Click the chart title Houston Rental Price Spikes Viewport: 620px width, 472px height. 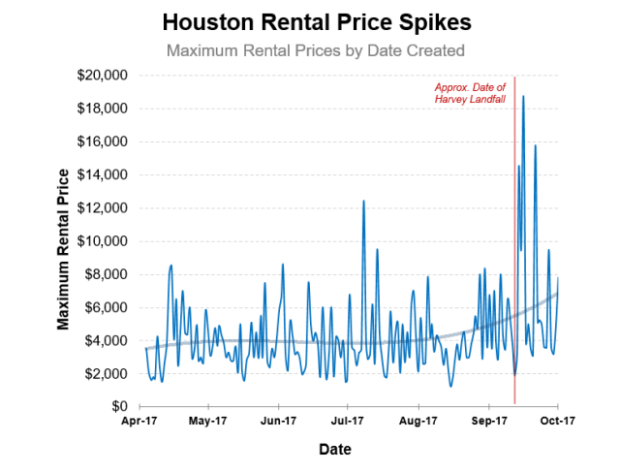point(309,22)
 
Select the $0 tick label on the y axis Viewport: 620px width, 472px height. point(118,407)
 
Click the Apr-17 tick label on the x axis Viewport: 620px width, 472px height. point(139,422)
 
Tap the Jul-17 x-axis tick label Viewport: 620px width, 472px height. point(348,422)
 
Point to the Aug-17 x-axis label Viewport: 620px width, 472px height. point(418,422)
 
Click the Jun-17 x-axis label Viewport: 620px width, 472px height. point(278,422)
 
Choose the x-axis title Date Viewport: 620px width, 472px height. point(335,450)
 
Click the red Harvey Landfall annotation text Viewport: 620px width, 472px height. point(470,94)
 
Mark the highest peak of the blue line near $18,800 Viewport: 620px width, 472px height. point(523,96)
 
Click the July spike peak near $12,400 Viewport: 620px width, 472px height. point(363,201)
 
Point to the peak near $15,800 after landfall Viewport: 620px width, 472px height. point(535,145)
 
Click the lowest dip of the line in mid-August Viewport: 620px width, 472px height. point(450,387)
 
